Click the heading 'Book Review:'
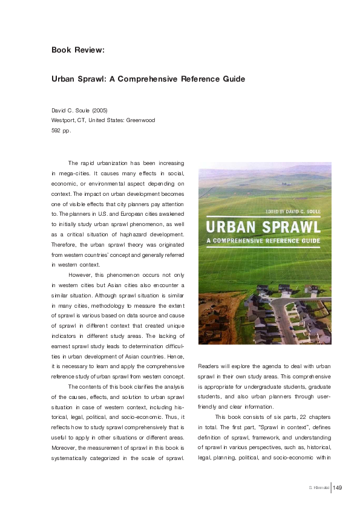coord(78,50)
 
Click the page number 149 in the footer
coord(338,488)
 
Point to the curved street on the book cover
coord(290,320)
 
